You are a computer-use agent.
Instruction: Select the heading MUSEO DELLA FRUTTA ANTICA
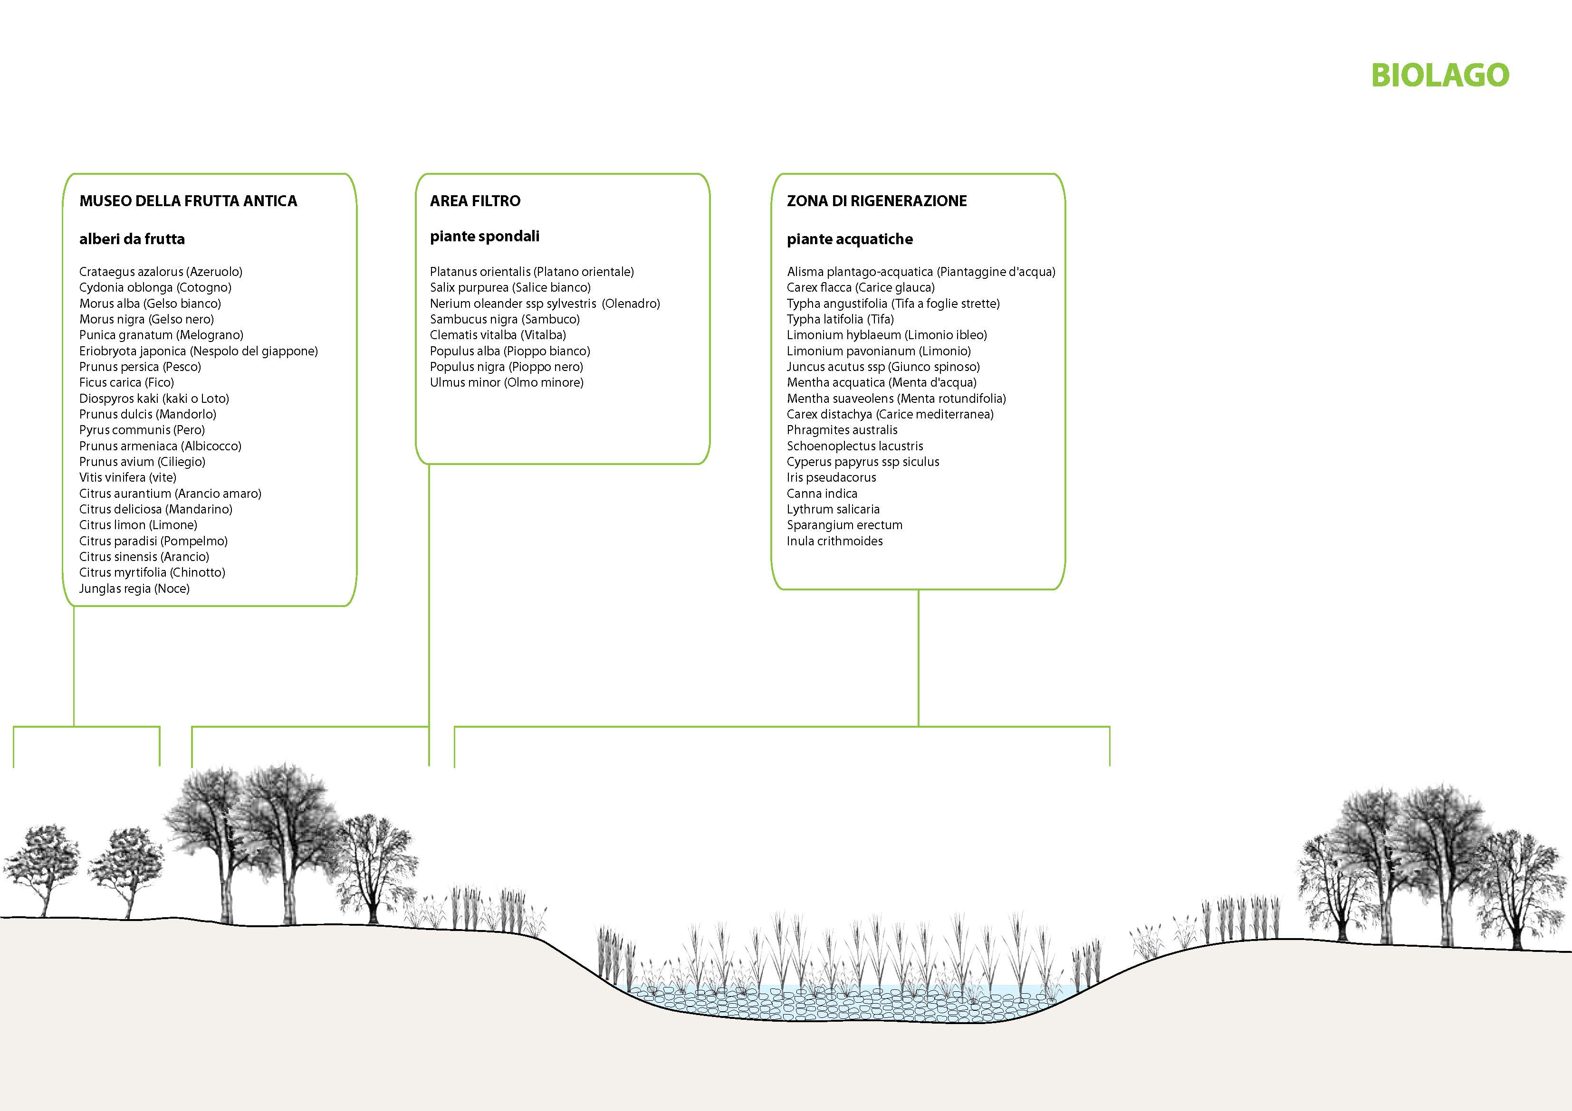[188, 200]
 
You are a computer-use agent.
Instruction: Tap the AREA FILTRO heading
[475, 200]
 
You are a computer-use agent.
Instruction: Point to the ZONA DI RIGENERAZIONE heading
[877, 200]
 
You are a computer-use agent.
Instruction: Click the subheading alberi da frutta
[132, 239]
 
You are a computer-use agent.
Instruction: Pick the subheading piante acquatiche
[850, 239]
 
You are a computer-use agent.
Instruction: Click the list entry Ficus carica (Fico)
[127, 383]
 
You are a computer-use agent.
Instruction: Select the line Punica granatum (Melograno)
[162, 335]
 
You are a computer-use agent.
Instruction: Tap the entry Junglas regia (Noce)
[134, 589]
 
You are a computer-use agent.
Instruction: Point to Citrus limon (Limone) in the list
[138, 525]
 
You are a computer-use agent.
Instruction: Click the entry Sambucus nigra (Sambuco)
[505, 320]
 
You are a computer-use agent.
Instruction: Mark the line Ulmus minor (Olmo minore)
[507, 383]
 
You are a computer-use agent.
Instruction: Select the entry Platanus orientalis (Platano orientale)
[532, 272]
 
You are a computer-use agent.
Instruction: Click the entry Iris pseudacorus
[831, 478]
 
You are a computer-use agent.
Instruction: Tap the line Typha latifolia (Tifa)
[840, 320]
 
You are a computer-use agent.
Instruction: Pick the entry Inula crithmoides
[834, 541]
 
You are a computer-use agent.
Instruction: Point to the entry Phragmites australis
[842, 430]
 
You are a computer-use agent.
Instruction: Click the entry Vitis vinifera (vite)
[128, 478]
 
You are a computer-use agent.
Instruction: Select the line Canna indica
[822, 494]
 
